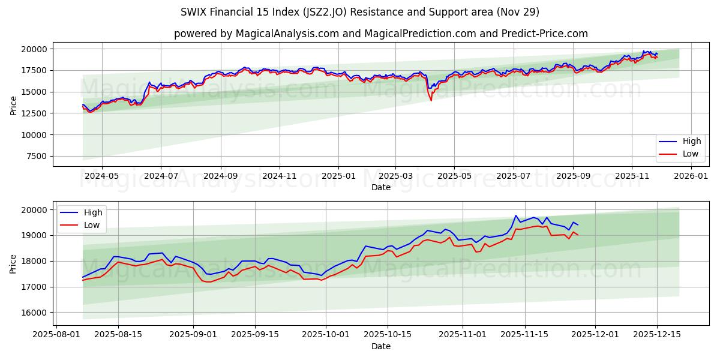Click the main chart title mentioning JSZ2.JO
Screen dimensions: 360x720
pyautogui.click(x=360, y=12)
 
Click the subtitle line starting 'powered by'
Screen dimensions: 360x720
pyautogui.click(x=381, y=34)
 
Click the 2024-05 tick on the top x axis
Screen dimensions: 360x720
pyautogui.click(x=102, y=176)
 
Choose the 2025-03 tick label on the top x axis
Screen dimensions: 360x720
pyautogui.click(x=395, y=176)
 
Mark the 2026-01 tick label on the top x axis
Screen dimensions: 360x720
pyautogui.click(x=691, y=176)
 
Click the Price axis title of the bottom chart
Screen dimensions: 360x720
pyautogui.click(x=13, y=263)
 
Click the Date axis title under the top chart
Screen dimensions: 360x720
pyautogui.click(x=381, y=187)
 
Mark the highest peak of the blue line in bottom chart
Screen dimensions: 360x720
pyautogui.click(x=516, y=215)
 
